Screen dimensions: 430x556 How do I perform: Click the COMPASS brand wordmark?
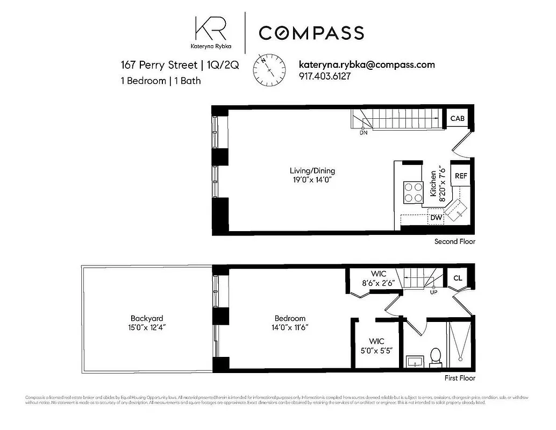click(311, 33)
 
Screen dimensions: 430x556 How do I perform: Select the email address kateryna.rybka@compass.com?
click(366, 64)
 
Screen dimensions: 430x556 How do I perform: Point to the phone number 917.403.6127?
click(324, 76)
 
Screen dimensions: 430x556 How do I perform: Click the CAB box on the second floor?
click(457, 119)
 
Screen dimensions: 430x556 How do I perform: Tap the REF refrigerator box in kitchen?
click(461, 176)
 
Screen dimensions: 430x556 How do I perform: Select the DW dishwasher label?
click(436, 218)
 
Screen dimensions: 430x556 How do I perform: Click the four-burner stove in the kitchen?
click(413, 192)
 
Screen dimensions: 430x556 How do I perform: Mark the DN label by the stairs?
click(363, 132)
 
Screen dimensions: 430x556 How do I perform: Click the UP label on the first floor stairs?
click(433, 292)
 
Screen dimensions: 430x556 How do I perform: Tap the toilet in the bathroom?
click(436, 356)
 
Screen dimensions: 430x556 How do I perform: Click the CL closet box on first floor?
click(458, 278)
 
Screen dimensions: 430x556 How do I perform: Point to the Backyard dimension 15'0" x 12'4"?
click(146, 327)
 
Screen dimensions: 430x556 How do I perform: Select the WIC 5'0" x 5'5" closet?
click(376, 345)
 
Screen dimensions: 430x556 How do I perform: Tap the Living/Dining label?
click(312, 171)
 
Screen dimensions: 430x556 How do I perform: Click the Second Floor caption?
click(454, 242)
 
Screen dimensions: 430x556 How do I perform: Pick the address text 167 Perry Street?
click(159, 65)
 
